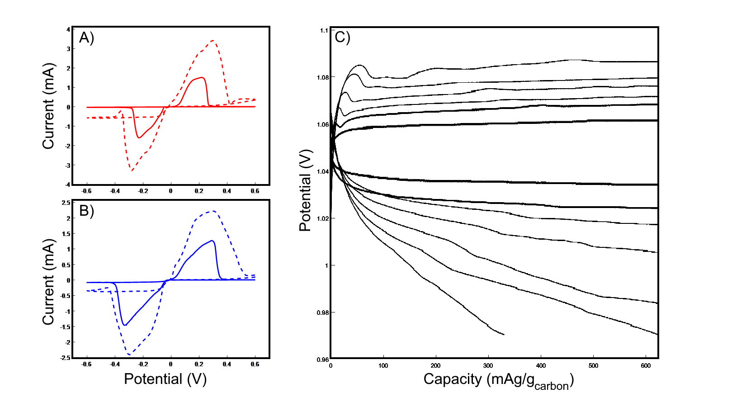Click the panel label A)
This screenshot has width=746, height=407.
pos(86,38)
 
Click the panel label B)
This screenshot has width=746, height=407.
pos(86,211)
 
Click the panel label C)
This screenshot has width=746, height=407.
pos(342,37)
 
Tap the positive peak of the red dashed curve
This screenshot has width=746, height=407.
pos(212,41)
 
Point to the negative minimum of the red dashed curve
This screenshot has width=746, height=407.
pos(131,170)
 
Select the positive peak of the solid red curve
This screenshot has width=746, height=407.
pos(203,77)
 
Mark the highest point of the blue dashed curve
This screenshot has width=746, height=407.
pos(213,211)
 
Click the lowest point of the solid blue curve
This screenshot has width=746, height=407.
pos(125,325)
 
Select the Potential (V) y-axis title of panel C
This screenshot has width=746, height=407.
pos(306,190)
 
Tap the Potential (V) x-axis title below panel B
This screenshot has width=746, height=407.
pos(165,379)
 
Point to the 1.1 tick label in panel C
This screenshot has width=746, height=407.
pos(324,30)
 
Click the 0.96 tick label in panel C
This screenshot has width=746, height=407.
pos(322,360)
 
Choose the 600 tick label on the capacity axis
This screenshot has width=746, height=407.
pos(646,366)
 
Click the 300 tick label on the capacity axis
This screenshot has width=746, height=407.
pos(488,366)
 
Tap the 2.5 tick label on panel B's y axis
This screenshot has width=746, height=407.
pos(66,203)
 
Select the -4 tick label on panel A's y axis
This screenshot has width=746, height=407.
pos(67,185)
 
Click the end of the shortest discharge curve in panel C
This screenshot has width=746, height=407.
pos(504,335)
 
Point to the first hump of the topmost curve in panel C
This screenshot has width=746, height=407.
pos(360,65)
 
